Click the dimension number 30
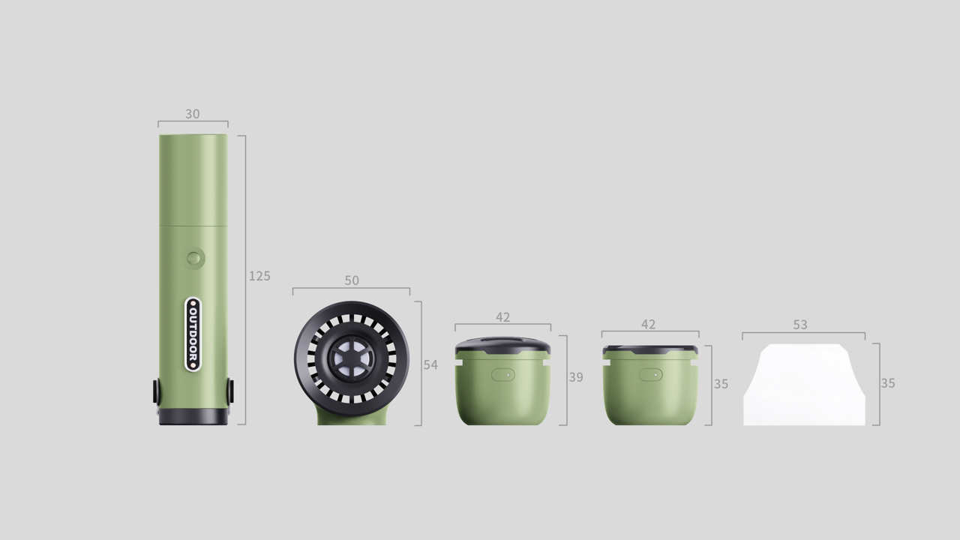[193, 114]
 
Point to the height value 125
[259, 276]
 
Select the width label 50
[352, 280]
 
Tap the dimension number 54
[430, 364]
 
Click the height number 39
[575, 377]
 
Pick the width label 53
[800, 325]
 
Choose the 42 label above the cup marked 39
[502, 317]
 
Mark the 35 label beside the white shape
[888, 383]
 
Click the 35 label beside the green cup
[721, 384]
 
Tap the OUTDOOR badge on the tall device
[193, 334]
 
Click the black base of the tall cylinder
[193, 417]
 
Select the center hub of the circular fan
[352, 359]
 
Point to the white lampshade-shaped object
[803, 386]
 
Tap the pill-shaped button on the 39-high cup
[502, 374]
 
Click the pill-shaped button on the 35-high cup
[650, 374]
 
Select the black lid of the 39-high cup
[502, 347]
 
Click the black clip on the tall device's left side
[156, 391]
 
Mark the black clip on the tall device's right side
[230, 391]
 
